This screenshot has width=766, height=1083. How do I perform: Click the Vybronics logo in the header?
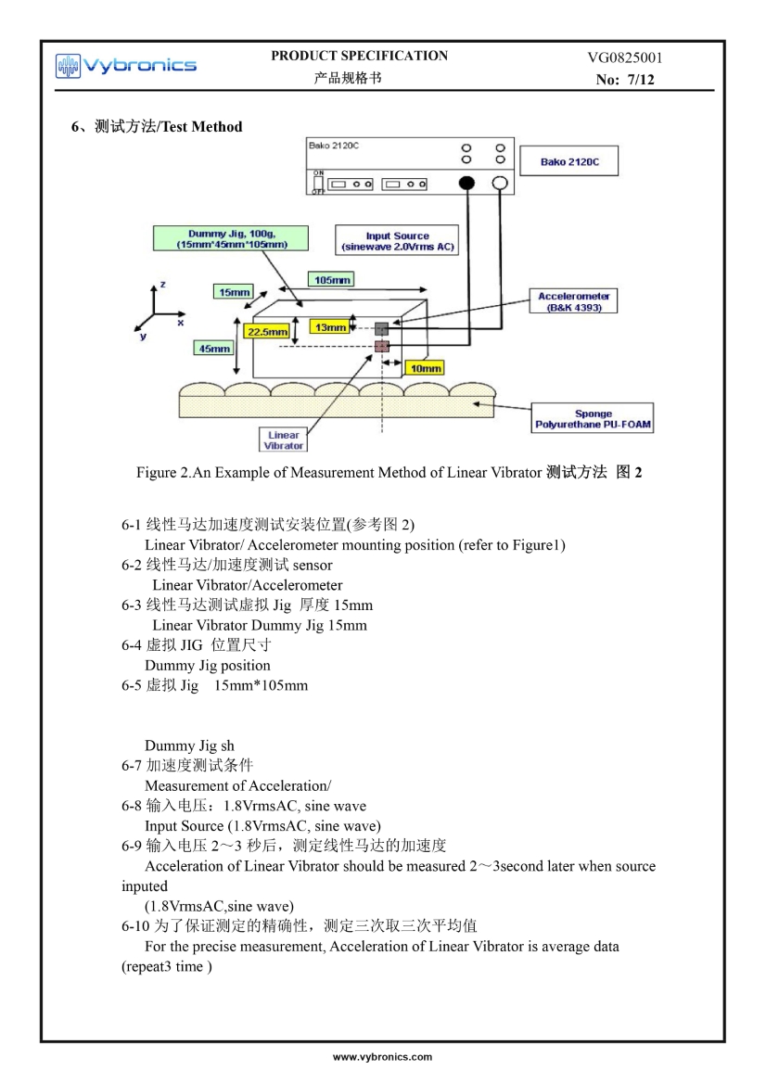[x=126, y=65]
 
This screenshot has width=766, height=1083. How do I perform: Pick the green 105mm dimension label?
[x=330, y=279]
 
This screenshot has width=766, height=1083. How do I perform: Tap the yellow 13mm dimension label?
[x=330, y=327]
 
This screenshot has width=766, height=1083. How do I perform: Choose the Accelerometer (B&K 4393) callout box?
[x=574, y=301]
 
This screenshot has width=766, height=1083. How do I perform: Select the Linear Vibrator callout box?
[x=284, y=440]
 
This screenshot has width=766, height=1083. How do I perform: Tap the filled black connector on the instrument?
[x=466, y=184]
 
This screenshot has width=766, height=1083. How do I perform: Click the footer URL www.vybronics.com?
[x=383, y=1056]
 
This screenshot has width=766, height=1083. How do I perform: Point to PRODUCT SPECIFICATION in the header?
[x=360, y=56]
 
